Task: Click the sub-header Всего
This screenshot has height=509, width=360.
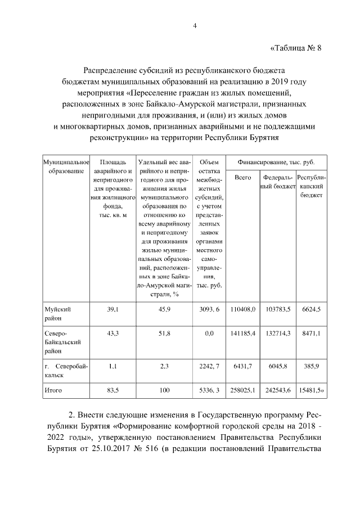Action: click(242, 177)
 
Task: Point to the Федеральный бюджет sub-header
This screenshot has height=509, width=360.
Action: click(278, 181)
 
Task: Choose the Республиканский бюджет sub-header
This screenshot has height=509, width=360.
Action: click(315, 186)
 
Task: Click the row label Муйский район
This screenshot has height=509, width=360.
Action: click(57, 313)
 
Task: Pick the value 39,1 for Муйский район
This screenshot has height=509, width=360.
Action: click(112, 309)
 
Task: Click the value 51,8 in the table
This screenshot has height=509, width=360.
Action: click(164, 334)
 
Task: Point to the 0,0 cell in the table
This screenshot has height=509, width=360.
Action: click(209, 334)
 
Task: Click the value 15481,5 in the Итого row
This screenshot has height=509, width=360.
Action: click(315, 389)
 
